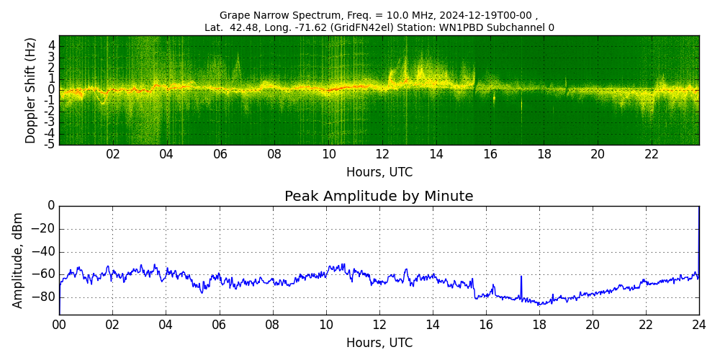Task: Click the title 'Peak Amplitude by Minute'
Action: tap(379, 197)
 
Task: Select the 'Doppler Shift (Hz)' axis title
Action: tap(31, 91)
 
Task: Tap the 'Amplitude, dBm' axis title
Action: tap(19, 260)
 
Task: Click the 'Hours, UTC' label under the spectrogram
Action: tap(379, 173)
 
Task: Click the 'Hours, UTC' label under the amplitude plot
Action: tap(379, 343)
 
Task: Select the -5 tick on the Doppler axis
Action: tap(49, 145)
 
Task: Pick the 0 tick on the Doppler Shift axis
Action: tap(51, 90)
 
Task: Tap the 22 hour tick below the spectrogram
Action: tap(652, 155)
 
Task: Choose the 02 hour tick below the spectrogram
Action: tap(113, 155)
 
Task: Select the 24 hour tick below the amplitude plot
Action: tap(698, 325)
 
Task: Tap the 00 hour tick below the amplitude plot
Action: tap(59, 325)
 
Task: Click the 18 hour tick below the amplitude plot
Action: tap(539, 325)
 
